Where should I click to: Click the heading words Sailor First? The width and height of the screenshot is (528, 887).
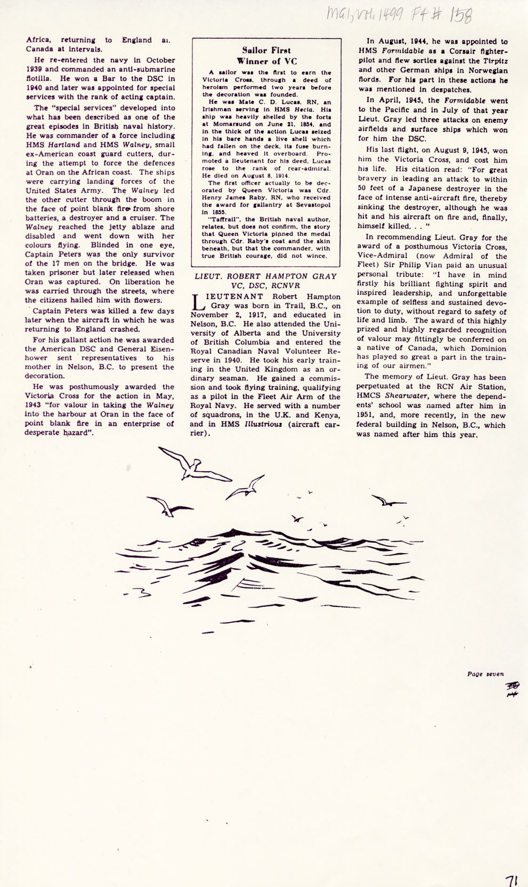(266, 51)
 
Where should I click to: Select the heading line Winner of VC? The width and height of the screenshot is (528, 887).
(266, 61)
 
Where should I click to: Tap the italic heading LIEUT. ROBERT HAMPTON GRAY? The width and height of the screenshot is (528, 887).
(265, 276)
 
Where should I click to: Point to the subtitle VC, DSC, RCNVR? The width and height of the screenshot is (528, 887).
(265, 285)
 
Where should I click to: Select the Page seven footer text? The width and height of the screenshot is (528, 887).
(485, 674)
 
